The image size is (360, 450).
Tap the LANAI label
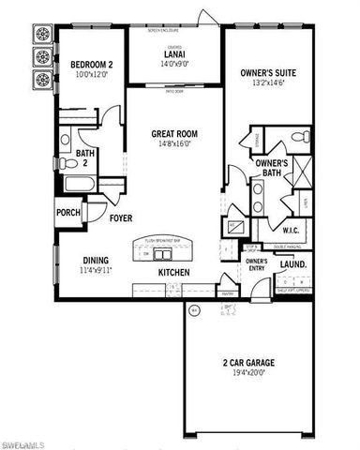pos(172,55)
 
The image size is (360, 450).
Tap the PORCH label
pos(68,212)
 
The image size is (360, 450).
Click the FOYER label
pos(121,217)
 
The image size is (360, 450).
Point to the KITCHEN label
pos(173,272)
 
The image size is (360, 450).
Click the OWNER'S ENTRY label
pos(256,264)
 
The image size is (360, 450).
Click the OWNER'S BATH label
pos(270,169)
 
